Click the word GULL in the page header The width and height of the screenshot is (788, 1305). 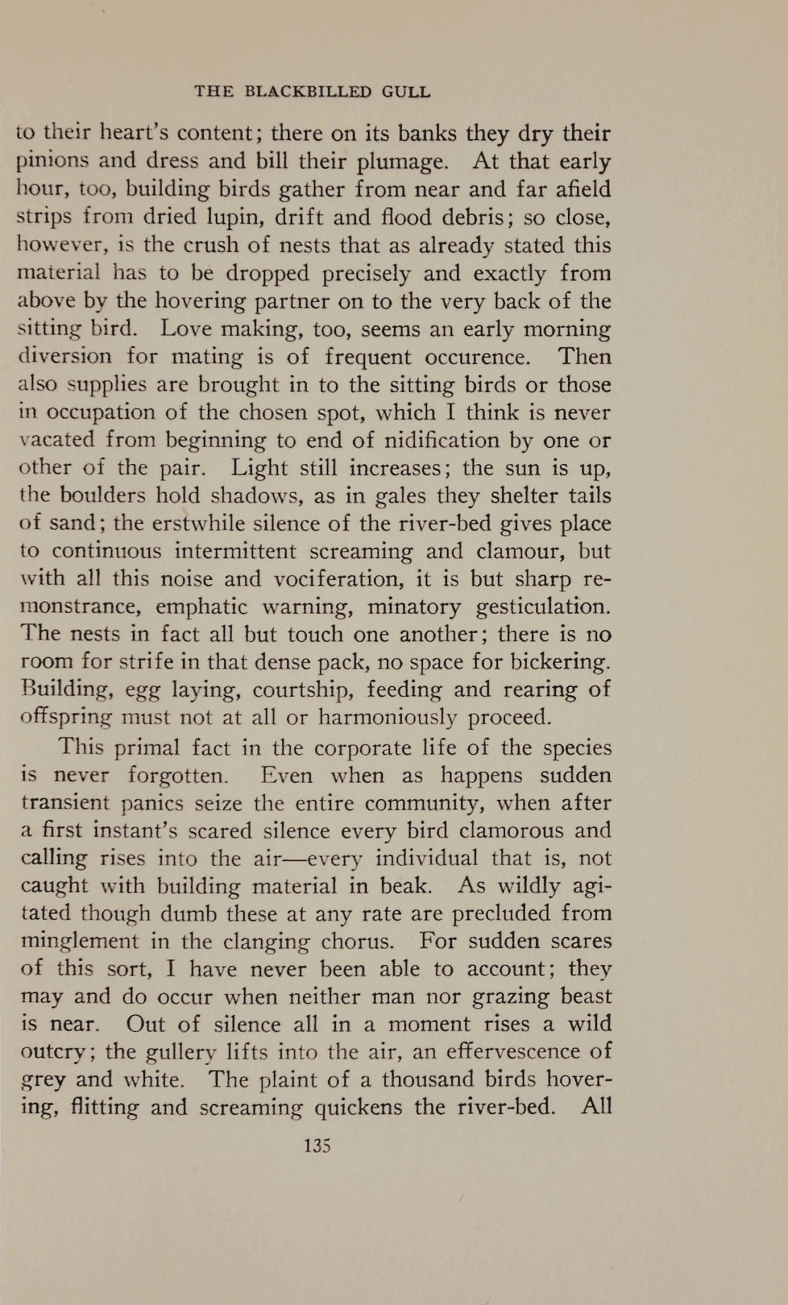[x=405, y=92]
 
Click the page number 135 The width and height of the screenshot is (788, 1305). [x=317, y=1146]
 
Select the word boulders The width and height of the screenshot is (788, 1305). [x=104, y=495]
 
